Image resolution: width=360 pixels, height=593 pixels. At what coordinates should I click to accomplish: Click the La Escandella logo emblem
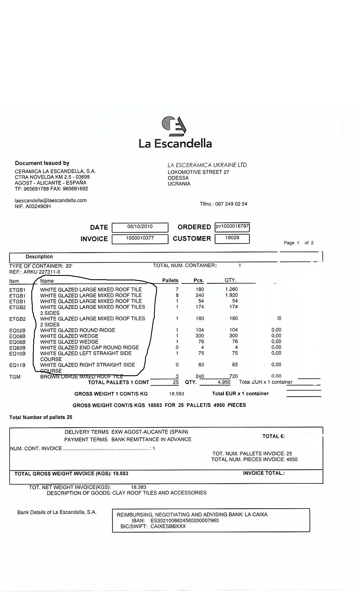[x=174, y=126]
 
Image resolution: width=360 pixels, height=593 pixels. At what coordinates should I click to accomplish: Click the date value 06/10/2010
[x=140, y=226]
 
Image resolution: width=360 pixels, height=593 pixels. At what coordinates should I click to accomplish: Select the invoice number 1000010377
[x=140, y=238]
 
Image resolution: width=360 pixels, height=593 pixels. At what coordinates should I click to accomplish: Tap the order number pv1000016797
[x=232, y=226]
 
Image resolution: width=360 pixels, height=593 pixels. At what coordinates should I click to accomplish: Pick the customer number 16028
[x=232, y=238]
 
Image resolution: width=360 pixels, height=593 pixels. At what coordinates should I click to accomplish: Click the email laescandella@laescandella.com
[x=51, y=200]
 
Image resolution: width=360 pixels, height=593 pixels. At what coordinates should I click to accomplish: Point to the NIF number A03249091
[x=38, y=206]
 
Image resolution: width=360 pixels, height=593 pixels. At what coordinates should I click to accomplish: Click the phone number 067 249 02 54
[x=231, y=204]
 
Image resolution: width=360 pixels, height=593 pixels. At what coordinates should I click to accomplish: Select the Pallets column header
[x=170, y=280]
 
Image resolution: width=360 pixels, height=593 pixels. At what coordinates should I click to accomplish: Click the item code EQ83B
[x=17, y=348]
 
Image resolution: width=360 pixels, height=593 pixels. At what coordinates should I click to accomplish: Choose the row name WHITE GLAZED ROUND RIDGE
[x=78, y=330]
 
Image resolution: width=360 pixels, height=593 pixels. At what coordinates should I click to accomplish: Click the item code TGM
[x=15, y=377]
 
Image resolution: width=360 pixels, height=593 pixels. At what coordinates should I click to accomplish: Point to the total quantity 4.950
[x=224, y=382]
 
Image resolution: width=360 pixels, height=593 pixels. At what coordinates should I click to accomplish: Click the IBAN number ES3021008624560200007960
[x=184, y=520]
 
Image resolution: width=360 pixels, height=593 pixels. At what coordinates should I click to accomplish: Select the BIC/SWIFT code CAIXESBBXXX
[x=168, y=526]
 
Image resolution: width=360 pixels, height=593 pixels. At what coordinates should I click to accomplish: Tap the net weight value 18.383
[x=139, y=487]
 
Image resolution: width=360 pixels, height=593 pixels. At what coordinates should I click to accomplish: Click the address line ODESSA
[x=178, y=178]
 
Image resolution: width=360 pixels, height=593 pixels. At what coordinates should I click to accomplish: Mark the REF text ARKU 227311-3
[x=42, y=272]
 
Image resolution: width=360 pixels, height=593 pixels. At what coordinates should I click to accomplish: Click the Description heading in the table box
[x=39, y=257]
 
